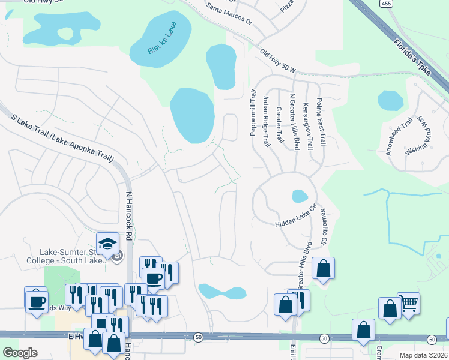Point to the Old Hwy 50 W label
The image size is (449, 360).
tap(279, 61)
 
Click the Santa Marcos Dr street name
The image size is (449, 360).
tap(229, 14)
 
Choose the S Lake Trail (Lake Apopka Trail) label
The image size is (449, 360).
tap(62, 139)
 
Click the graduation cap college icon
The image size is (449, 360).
tap(108, 244)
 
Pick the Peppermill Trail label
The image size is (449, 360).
tap(253, 113)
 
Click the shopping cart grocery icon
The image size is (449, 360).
tap(408, 304)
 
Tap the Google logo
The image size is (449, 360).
tap(20, 353)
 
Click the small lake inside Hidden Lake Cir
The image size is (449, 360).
tap(299, 196)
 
